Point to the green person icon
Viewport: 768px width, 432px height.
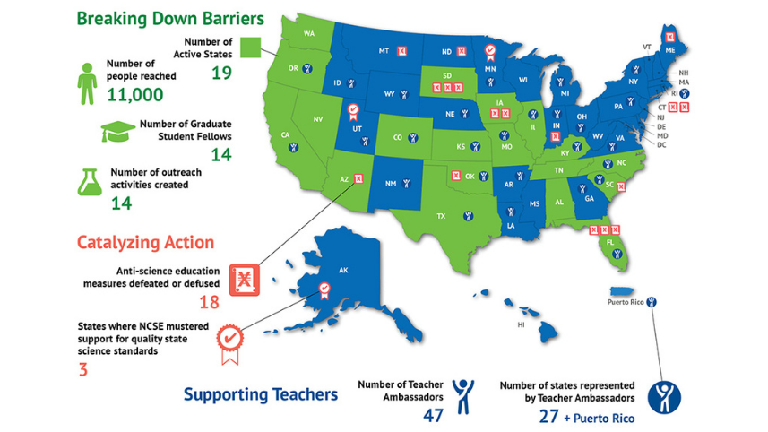87,82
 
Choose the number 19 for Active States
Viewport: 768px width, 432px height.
221,72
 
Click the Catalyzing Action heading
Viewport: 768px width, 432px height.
145,242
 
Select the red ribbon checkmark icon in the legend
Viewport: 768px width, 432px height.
230,341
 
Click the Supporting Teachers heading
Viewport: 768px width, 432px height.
261,393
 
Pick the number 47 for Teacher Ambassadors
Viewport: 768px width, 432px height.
434,416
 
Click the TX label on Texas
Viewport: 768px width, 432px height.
440,216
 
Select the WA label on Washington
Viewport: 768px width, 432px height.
309,34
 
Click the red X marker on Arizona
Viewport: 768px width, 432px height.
359,179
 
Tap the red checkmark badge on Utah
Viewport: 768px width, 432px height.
353,111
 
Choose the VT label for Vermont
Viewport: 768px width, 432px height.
646,45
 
